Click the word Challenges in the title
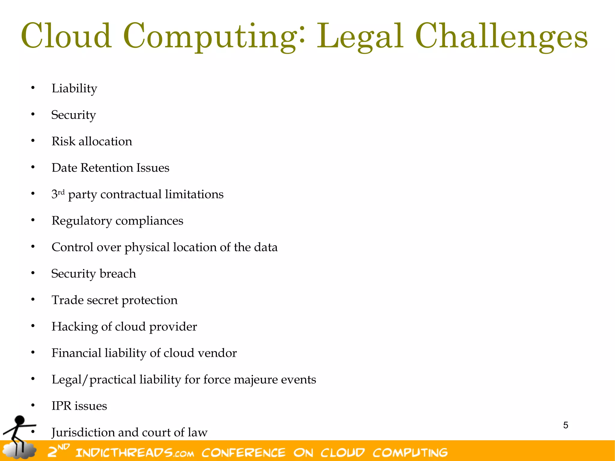pyautogui.click(x=501, y=37)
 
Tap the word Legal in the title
pyautogui.click(x=360, y=37)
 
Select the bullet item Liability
pyautogui.click(x=74, y=89)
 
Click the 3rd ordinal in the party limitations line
pyautogui.click(x=58, y=194)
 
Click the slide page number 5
pyautogui.click(x=565, y=425)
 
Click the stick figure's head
pyautogui.click(x=20, y=420)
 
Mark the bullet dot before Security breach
pyautogui.click(x=33, y=273)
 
